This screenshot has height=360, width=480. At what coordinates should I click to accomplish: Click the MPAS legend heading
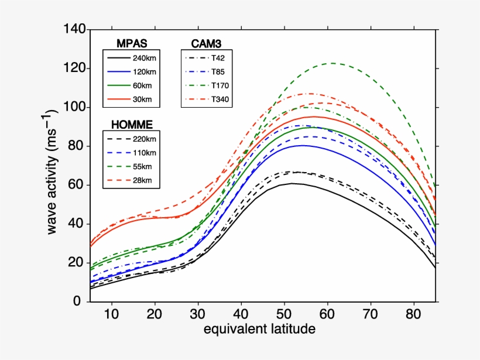click(x=131, y=43)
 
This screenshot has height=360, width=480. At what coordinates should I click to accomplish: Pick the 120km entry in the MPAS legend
click(x=143, y=71)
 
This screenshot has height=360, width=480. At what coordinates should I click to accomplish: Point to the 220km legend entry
click(x=143, y=139)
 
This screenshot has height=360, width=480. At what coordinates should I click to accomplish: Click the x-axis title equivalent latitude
click(x=259, y=330)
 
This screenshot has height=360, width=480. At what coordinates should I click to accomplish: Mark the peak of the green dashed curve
click(x=331, y=63)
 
